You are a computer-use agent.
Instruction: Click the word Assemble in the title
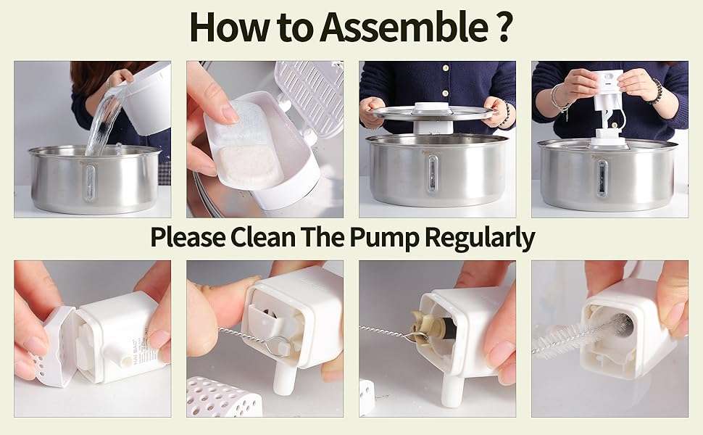click(x=404, y=26)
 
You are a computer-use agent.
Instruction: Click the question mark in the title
click(x=503, y=27)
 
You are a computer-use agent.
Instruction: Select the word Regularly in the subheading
click(x=479, y=238)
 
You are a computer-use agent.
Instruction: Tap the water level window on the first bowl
click(x=90, y=182)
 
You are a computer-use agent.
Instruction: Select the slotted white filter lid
click(x=310, y=96)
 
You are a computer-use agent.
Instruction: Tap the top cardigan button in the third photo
click(x=445, y=67)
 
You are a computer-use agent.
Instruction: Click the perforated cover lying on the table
click(x=222, y=397)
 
